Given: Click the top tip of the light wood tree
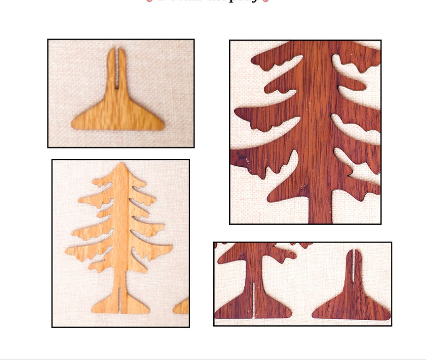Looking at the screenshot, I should pyautogui.click(x=122, y=164).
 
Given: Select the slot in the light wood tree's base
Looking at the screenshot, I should pyautogui.click(x=121, y=299).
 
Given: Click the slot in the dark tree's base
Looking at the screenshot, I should pyautogui.click(x=253, y=299).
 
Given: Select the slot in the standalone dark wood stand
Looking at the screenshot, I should pyautogui.click(x=353, y=266).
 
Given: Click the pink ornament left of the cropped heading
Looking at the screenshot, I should pyautogui.click(x=150, y=1).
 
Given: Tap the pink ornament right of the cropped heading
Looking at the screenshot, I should pyautogui.click(x=266, y=1).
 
